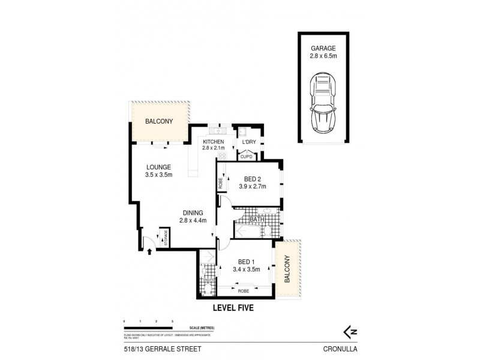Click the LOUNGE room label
click(x=158, y=167)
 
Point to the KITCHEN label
click(x=213, y=142)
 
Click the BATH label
click(x=249, y=220)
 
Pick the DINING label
click(x=193, y=212)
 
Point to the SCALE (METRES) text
click(x=201, y=326)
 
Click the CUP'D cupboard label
click(x=246, y=156)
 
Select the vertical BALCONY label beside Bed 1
click(x=287, y=269)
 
